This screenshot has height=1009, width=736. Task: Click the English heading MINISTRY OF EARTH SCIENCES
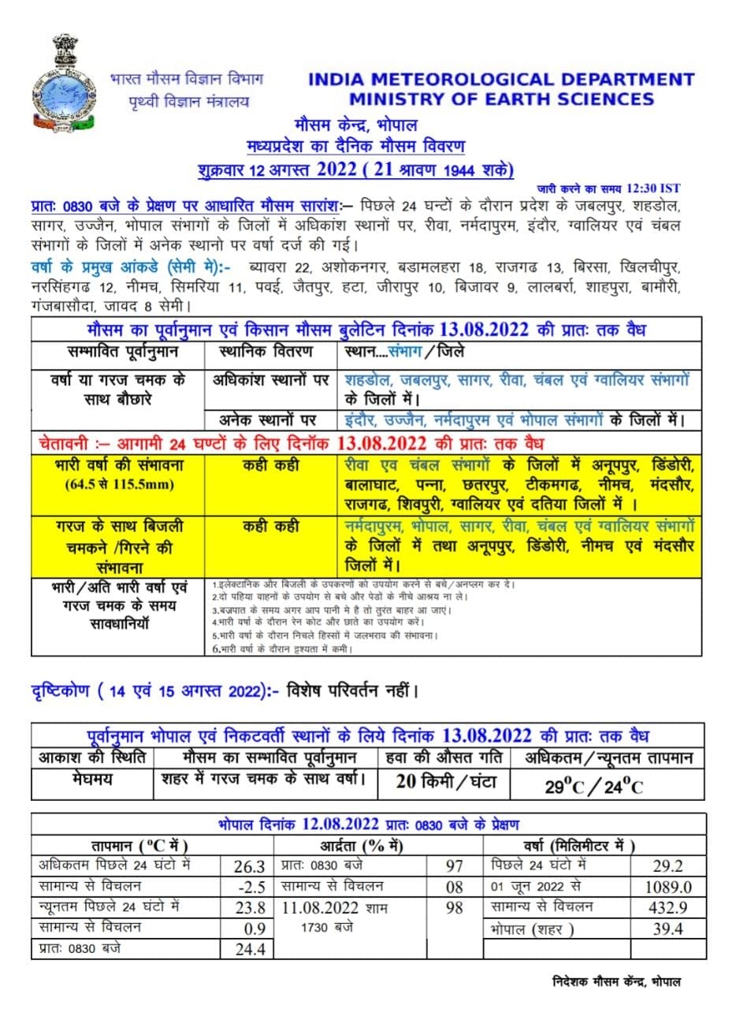(502, 99)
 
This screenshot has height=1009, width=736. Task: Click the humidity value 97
(455, 866)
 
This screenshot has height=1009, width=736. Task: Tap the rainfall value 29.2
(667, 866)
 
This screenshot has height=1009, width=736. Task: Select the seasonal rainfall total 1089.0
(667, 886)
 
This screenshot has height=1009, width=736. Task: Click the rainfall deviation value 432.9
(667, 907)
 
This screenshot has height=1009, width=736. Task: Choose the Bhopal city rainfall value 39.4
(667, 929)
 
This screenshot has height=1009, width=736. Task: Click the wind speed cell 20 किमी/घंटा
(443, 782)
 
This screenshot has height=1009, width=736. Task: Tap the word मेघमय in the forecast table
(92, 780)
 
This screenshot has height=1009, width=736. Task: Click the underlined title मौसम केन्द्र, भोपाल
(356, 125)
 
